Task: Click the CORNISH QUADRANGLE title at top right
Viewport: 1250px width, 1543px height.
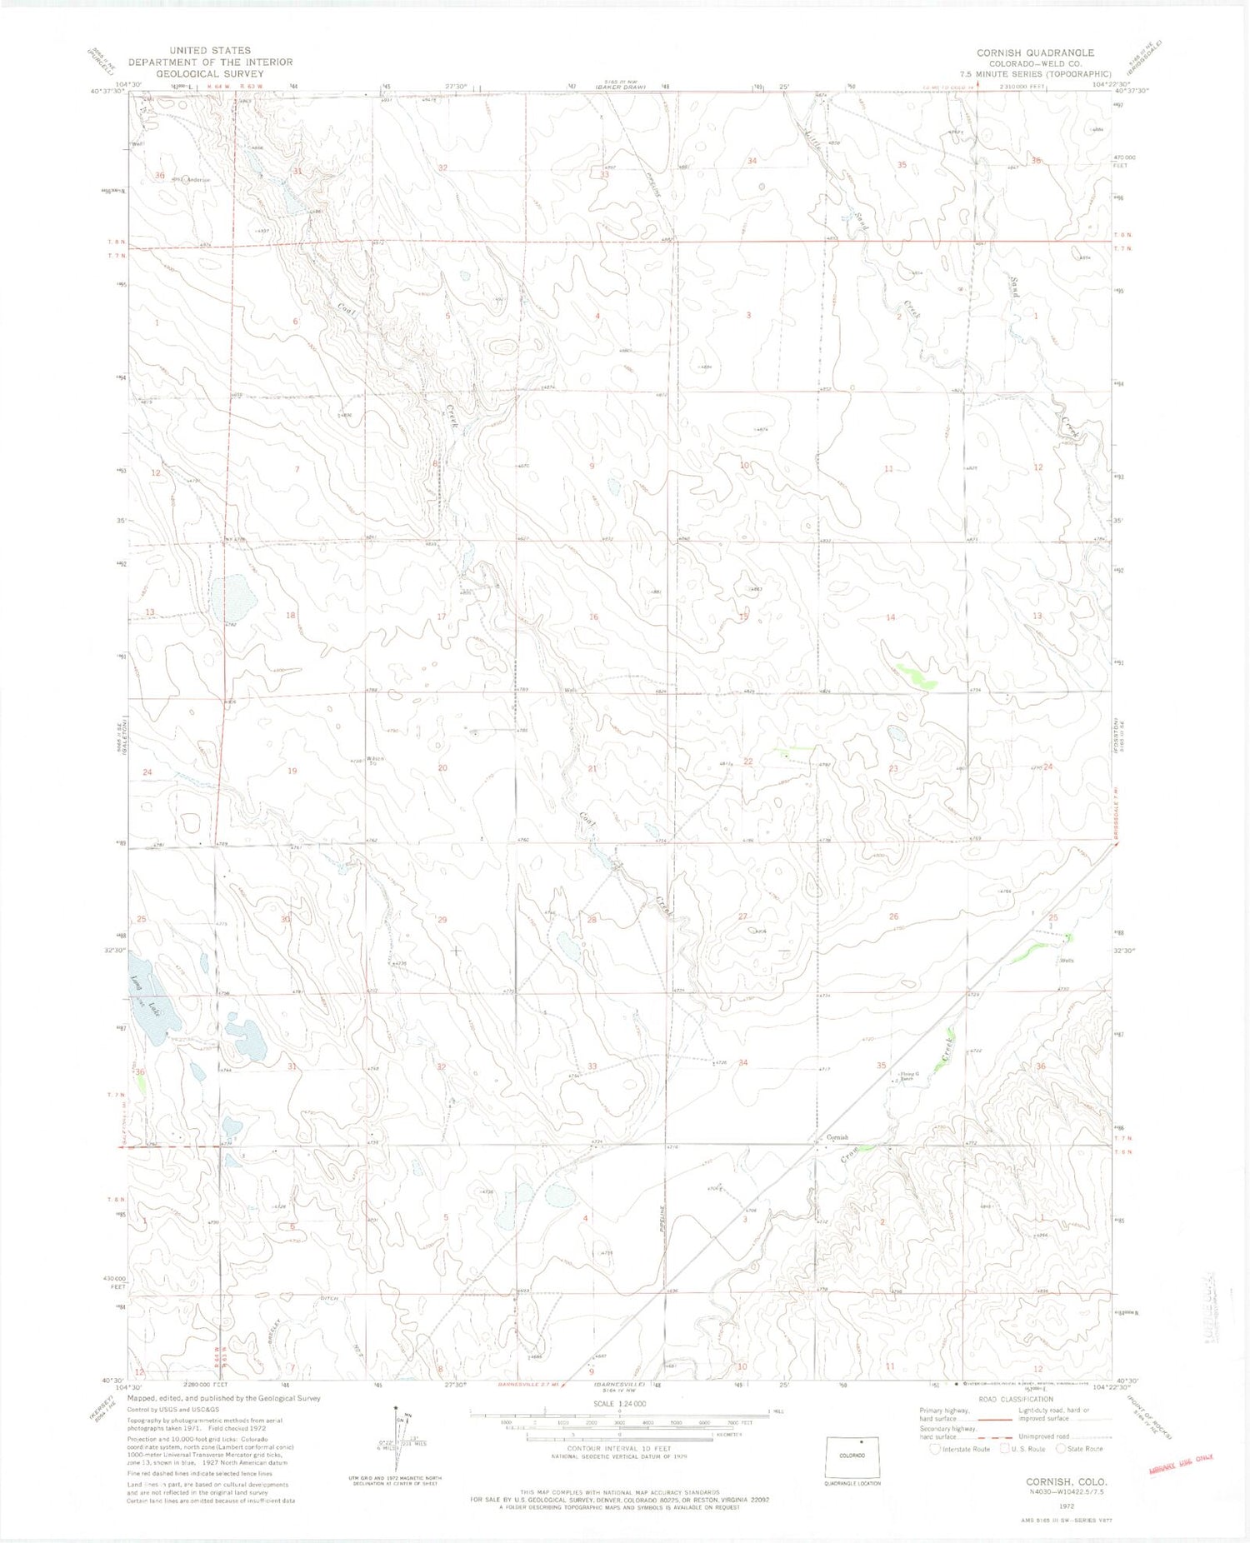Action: [1035, 52]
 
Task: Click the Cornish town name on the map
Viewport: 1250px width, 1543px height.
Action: [837, 1137]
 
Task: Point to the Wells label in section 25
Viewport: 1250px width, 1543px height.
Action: [1067, 961]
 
